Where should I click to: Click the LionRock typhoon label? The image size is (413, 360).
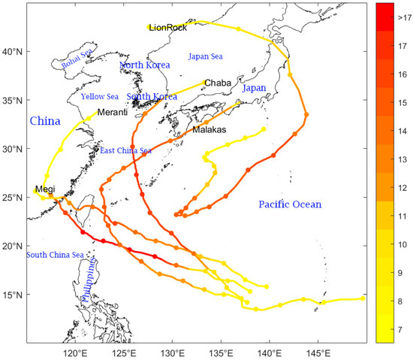pyautogui.click(x=167, y=28)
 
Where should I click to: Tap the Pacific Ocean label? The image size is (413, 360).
pyautogui.click(x=290, y=204)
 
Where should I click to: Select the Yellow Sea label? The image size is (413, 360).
pyautogui.click(x=100, y=96)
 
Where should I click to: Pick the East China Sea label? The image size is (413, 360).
pyautogui.click(x=126, y=150)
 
